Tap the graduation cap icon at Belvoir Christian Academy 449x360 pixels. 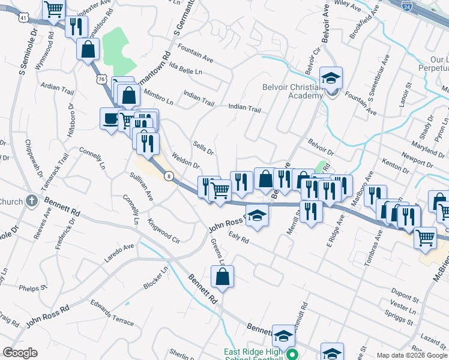(x=330, y=78)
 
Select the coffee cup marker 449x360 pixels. (x=110, y=118)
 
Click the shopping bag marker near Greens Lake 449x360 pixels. (x=222, y=277)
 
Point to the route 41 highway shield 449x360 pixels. (x=22, y=18)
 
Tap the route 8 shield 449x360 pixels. (x=170, y=176)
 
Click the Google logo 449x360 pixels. (x=20, y=353)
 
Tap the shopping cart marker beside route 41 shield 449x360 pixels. (x=53, y=9)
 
